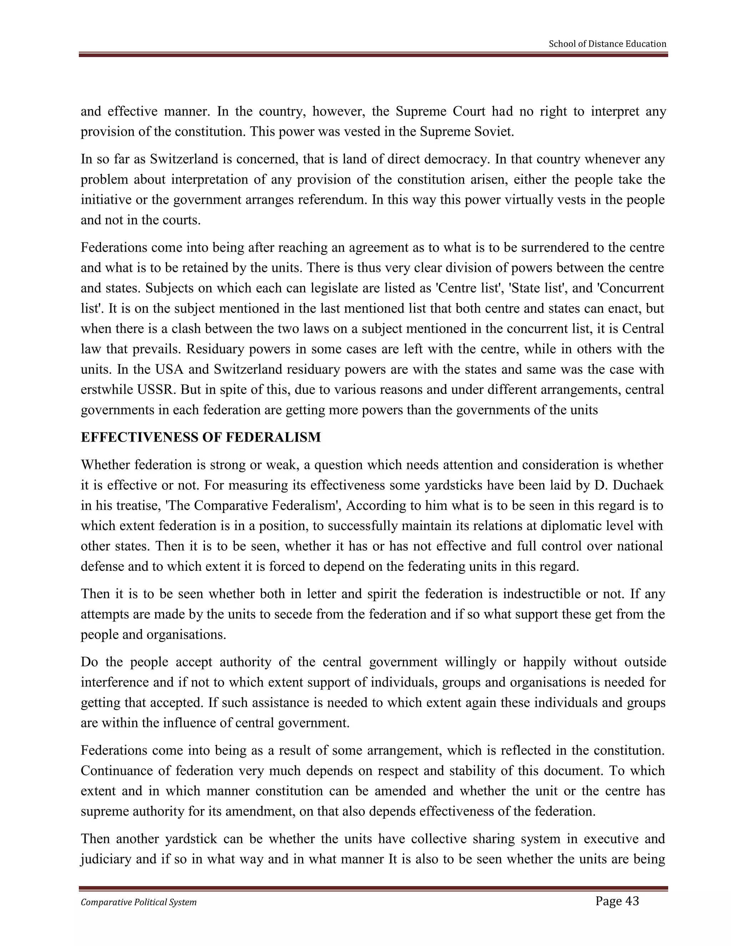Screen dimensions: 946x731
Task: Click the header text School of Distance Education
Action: click(607, 44)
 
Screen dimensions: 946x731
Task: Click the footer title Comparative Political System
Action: click(138, 902)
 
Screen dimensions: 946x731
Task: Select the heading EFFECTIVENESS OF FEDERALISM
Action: click(201, 437)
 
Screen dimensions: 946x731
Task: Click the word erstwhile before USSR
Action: click(107, 389)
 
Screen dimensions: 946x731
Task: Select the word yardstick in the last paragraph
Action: click(191, 839)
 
